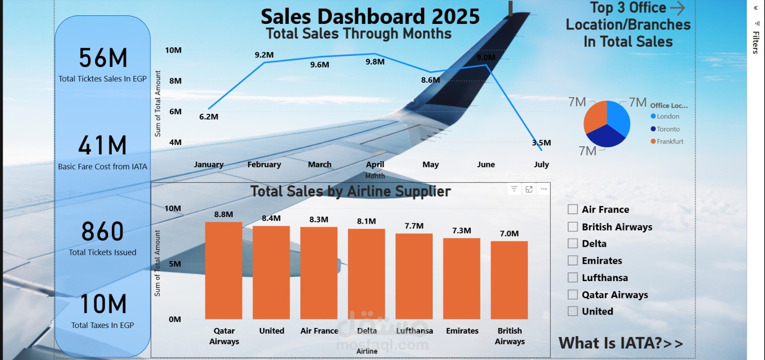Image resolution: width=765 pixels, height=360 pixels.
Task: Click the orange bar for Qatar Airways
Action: (x=223, y=271)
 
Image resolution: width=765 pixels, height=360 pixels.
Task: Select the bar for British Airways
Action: (x=509, y=280)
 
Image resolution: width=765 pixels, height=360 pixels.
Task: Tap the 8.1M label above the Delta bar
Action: (x=366, y=221)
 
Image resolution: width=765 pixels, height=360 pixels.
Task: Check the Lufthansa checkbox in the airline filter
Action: (x=573, y=278)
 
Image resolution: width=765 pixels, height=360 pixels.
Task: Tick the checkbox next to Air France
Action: (x=573, y=209)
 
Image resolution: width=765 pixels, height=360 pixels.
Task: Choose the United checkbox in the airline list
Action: (x=573, y=311)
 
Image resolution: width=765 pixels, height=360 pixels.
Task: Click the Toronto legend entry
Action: (x=667, y=129)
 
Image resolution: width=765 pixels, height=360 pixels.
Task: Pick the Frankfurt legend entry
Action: (x=669, y=142)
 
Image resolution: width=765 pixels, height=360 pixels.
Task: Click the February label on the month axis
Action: (x=264, y=164)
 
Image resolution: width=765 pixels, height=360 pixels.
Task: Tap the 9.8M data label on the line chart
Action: (x=375, y=62)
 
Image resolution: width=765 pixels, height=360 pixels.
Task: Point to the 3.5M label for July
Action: (x=541, y=142)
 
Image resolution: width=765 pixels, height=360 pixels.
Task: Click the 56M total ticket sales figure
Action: (x=103, y=58)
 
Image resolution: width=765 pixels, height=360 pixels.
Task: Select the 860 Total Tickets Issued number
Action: (x=102, y=232)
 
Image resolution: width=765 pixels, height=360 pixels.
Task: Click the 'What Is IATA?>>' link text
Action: (x=621, y=343)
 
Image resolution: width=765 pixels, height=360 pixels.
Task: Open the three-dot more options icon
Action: (x=544, y=189)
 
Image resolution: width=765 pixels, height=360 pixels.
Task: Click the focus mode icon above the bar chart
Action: (x=529, y=189)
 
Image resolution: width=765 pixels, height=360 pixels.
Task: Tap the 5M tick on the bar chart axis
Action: (x=175, y=264)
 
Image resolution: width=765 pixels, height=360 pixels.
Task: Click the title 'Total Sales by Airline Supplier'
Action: (x=350, y=192)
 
